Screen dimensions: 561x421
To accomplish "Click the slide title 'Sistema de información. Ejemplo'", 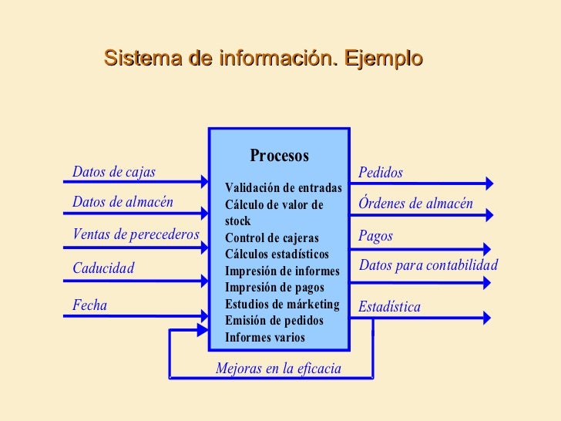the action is [263, 58].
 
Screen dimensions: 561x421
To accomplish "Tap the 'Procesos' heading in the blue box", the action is [279, 156].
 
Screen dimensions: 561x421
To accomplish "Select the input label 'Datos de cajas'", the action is [113, 172].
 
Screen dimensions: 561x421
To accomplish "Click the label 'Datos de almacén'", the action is [123, 203].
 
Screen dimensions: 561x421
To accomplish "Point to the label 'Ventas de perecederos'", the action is [136, 234].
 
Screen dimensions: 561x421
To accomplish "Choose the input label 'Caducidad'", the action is [103, 268].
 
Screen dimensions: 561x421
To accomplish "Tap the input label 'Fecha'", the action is [89, 305].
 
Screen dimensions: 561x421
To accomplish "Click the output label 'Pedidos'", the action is [381, 173].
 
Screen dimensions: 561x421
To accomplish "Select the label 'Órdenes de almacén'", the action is [416, 204].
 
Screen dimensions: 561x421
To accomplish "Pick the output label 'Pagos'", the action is [375, 236].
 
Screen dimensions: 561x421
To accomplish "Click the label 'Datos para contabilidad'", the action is [429, 266].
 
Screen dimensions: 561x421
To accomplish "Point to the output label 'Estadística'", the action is [390, 308].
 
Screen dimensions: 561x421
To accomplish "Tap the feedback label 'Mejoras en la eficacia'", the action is [278, 369].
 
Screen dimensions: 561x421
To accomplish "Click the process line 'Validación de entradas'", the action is [284, 188].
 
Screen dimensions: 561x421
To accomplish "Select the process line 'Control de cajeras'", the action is [271, 238].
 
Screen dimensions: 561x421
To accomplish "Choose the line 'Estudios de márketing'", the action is [282, 305].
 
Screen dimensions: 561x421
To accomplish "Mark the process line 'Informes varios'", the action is [264, 338].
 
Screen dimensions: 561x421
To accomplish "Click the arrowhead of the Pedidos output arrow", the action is [489, 184].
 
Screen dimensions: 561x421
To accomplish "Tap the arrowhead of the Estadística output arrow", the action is [487, 316].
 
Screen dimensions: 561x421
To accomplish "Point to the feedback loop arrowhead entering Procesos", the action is [203, 331].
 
